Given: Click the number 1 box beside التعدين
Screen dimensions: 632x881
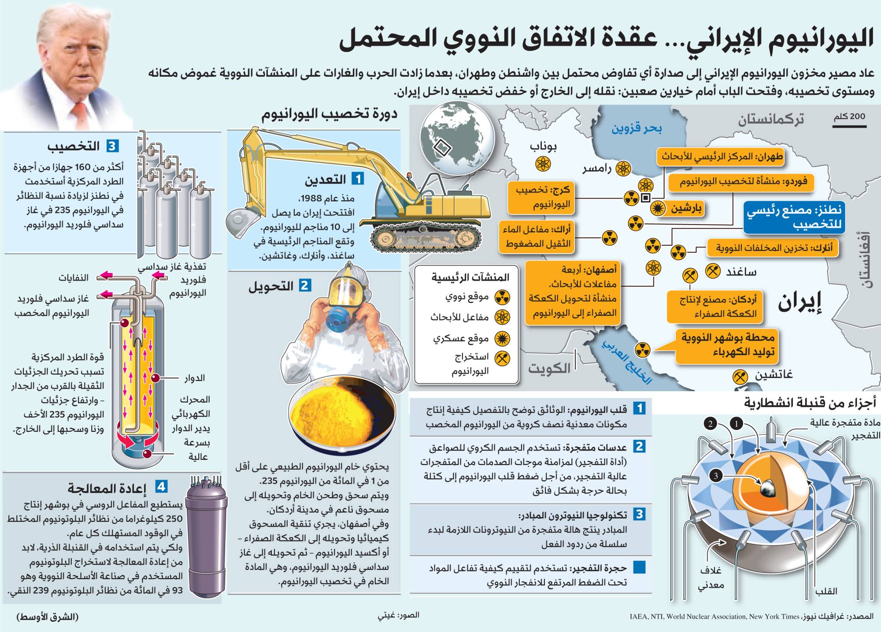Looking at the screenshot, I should pyautogui.click(x=358, y=179).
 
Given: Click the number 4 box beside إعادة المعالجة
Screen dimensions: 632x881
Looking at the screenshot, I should pyautogui.click(x=161, y=486).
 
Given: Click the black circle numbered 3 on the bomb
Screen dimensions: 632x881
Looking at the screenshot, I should pyautogui.click(x=716, y=475).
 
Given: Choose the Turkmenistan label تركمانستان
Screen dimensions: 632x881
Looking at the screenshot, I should pyautogui.click(x=771, y=120).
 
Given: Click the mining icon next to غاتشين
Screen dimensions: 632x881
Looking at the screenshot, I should pyautogui.click(x=740, y=376).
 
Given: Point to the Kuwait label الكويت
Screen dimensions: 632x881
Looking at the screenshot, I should pyautogui.click(x=549, y=368).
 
